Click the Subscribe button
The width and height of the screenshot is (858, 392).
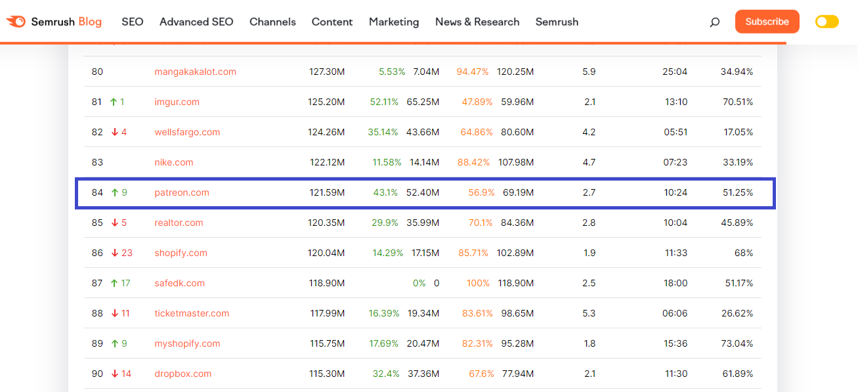click(767, 22)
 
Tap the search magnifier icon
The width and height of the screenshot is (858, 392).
click(715, 22)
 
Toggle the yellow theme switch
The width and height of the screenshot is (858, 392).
click(826, 22)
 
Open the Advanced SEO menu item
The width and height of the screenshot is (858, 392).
click(196, 22)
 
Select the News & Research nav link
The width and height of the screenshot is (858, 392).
click(477, 22)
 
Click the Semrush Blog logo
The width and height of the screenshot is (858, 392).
click(54, 22)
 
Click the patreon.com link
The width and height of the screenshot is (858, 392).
click(182, 192)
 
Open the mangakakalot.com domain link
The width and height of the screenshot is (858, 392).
click(195, 72)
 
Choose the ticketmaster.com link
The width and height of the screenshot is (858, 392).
click(192, 313)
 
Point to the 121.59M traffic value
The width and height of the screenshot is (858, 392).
click(327, 192)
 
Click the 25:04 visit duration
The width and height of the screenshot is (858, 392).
click(675, 72)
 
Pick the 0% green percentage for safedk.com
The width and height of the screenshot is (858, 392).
click(419, 283)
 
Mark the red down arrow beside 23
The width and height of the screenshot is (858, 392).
click(114, 253)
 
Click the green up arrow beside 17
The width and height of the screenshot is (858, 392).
click(114, 283)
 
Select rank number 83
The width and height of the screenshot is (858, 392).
click(97, 162)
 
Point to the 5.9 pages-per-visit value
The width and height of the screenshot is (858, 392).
click(589, 72)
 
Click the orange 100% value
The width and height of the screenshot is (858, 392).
click(478, 283)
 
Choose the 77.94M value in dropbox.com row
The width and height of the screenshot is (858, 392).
click(518, 374)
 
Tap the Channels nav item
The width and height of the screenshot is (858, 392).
click(272, 22)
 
